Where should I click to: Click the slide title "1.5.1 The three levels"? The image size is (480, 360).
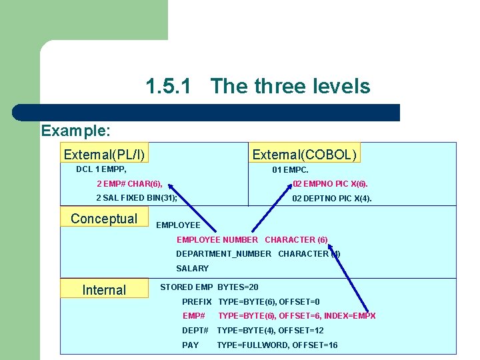[x=257, y=86]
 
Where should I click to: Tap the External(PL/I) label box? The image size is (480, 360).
[x=104, y=155]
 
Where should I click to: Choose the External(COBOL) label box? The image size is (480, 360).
[x=305, y=155]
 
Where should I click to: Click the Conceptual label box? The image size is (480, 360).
[x=103, y=219]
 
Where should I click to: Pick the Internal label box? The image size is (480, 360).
[x=103, y=290]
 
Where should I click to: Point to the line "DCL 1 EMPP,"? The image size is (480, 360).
[x=101, y=169]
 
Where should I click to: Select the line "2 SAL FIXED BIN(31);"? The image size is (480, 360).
[x=137, y=198]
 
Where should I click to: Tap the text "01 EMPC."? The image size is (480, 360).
[x=290, y=170]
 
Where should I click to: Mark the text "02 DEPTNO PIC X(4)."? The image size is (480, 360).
[x=332, y=199]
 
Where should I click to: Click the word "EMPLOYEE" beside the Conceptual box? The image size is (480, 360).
[x=178, y=225]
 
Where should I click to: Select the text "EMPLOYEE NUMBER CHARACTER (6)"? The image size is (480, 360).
[x=252, y=239]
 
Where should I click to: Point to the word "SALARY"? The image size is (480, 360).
[x=192, y=268]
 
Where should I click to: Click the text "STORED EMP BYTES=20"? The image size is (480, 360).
[x=209, y=287]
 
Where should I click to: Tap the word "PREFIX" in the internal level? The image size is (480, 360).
[x=197, y=302]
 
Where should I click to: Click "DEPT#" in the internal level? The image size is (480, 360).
[x=195, y=331]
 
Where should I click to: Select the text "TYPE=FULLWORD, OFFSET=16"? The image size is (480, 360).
[x=277, y=345]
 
